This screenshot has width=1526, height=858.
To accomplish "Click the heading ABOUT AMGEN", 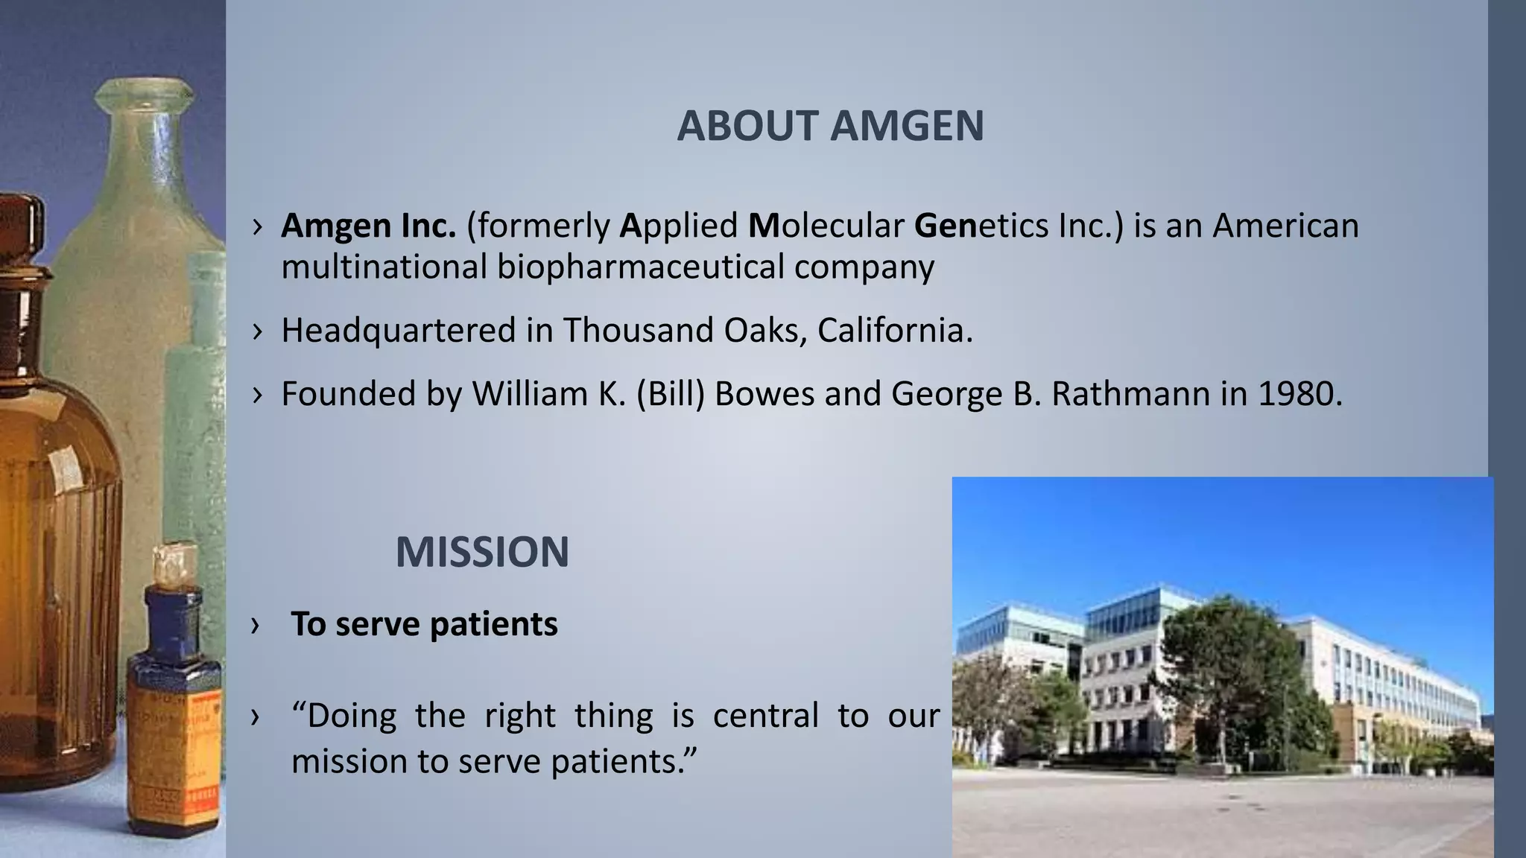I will coord(830,126).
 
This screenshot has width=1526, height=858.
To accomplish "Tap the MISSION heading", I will coord(482,553).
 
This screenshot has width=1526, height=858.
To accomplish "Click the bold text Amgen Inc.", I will coord(368,226).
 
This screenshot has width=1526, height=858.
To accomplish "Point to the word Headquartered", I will coord(398,330).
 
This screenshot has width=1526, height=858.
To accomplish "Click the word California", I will coord(894,330).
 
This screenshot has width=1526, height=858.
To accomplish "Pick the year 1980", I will coord(1299,393).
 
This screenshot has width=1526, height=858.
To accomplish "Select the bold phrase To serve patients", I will coord(423,624).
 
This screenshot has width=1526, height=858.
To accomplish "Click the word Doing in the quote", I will coord(352,716).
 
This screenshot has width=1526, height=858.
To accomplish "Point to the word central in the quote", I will coord(765,716).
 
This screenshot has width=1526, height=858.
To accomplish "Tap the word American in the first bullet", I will coord(1285,226).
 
